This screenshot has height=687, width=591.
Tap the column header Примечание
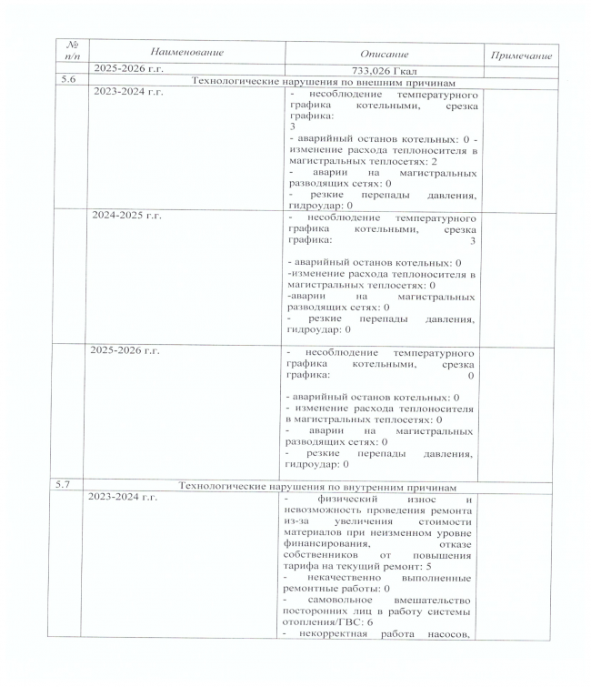click(522, 56)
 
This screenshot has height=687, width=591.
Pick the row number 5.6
click(65, 82)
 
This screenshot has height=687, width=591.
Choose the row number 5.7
click(65, 485)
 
